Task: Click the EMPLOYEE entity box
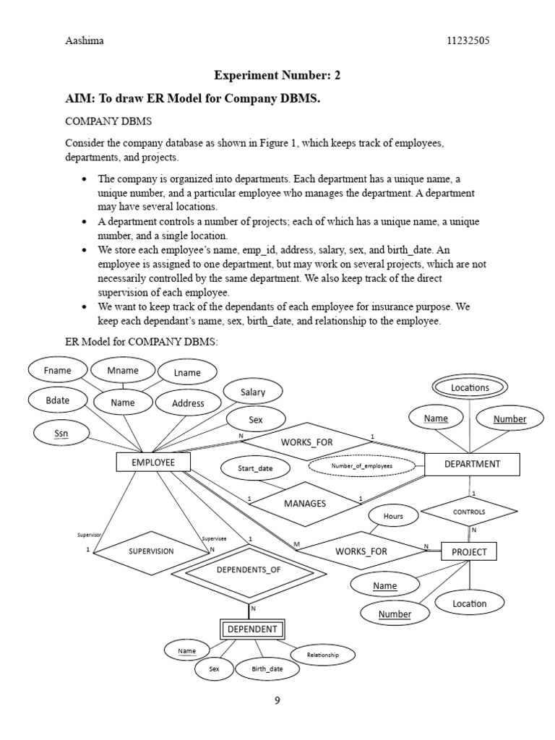click(x=153, y=462)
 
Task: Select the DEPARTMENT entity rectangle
click(x=472, y=464)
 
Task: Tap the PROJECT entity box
click(x=469, y=552)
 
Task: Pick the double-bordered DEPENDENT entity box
click(x=252, y=629)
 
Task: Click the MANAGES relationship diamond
click(x=305, y=503)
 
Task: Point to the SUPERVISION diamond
click(x=151, y=551)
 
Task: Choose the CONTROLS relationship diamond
click(x=469, y=512)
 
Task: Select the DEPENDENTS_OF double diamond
click(x=247, y=569)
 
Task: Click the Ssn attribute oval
click(x=61, y=434)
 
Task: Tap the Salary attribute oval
click(x=253, y=392)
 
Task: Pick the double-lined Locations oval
click(x=470, y=387)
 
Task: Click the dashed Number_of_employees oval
click(x=361, y=466)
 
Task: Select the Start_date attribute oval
click(x=255, y=468)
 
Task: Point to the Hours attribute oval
click(x=393, y=516)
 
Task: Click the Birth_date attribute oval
click(x=267, y=669)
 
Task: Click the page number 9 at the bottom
click(x=277, y=700)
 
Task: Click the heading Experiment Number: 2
click(x=277, y=75)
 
